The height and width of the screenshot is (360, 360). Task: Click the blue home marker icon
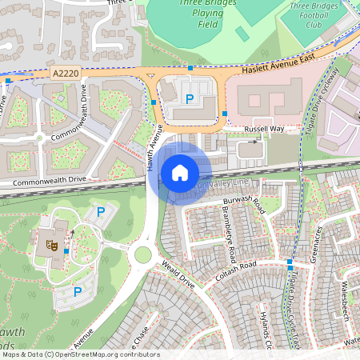(180, 173)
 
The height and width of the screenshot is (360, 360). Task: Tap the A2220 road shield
(66, 73)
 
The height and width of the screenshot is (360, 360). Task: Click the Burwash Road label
(244, 200)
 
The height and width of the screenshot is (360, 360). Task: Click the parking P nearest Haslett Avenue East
(190, 98)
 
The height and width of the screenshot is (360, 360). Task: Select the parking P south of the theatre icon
(78, 293)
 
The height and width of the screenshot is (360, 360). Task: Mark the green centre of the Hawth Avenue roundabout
(143, 254)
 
